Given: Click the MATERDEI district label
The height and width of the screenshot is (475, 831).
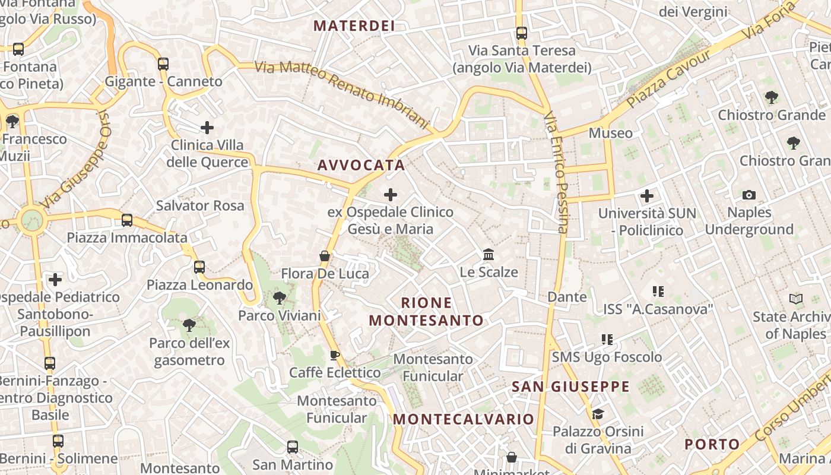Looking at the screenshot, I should [354, 26].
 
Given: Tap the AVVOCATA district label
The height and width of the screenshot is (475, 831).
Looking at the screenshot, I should [361, 166].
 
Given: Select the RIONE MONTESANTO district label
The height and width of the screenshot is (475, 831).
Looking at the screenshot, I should [426, 312].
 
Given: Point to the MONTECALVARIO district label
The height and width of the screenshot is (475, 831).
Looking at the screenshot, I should [464, 419].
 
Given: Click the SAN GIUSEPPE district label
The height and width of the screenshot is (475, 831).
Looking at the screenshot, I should [570, 387].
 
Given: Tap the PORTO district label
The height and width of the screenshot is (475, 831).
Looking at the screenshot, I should [712, 444].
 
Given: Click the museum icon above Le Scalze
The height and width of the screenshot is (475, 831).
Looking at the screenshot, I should [489, 255].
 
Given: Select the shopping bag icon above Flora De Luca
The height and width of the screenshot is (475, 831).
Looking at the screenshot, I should [325, 256].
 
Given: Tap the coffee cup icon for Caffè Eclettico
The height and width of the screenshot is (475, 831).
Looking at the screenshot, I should [335, 355].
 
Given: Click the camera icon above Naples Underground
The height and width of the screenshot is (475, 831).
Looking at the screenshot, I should [749, 195].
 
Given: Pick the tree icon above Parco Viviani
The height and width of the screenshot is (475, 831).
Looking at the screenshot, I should [279, 297].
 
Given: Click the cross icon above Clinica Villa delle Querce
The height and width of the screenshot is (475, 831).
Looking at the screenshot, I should [207, 127].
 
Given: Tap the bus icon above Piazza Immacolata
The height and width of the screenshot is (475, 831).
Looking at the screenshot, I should [127, 220].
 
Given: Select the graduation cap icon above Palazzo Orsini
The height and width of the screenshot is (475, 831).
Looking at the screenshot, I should [598, 414].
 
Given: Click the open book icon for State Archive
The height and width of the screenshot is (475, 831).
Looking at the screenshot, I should [796, 299].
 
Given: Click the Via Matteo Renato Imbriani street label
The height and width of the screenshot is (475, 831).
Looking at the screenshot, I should [341, 94].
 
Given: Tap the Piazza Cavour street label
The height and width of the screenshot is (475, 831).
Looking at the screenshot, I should [668, 80].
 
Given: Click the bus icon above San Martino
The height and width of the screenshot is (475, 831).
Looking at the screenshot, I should [293, 446].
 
